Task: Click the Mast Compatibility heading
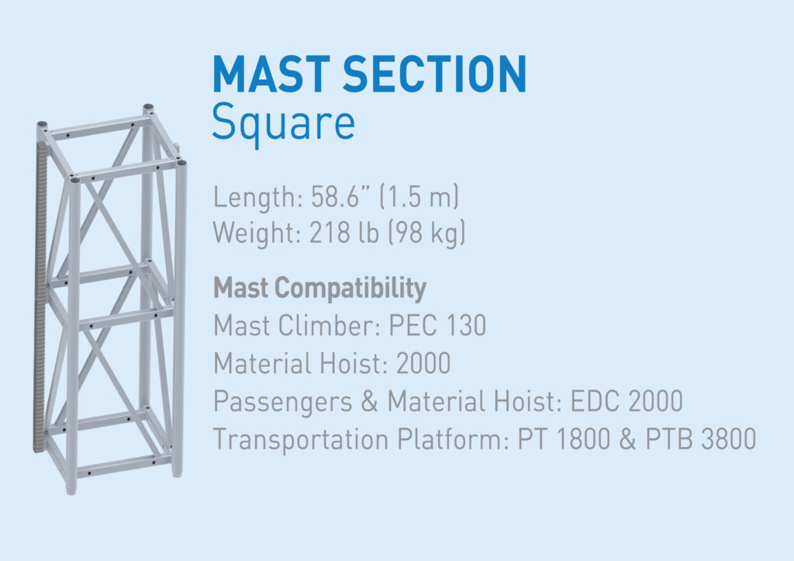tap(319, 289)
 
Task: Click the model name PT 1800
tap(557, 439)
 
